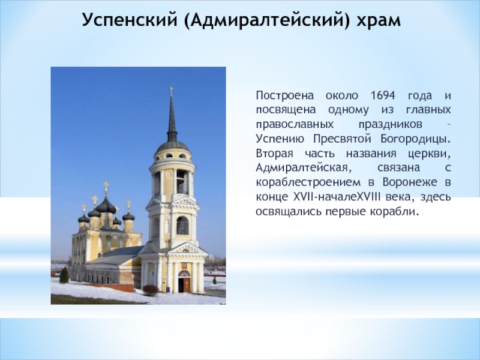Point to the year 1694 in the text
(x=383, y=95)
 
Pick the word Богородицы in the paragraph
(x=415, y=139)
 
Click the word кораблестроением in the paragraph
(x=308, y=183)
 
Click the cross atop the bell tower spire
(x=172, y=91)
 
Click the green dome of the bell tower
(x=173, y=146)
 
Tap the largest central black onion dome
(x=106, y=205)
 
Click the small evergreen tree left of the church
(x=64, y=275)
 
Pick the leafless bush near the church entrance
(x=151, y=290)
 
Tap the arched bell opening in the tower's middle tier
(x=182, y=226)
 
